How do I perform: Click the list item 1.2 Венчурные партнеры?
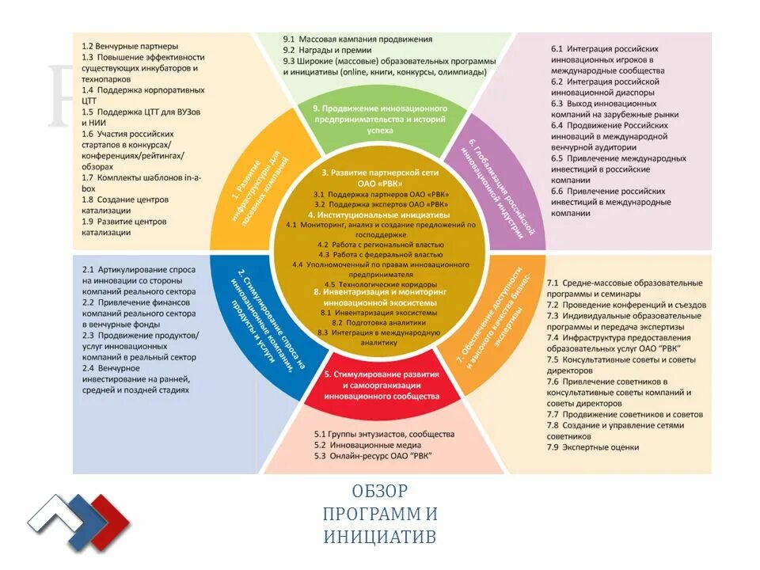point(130,46)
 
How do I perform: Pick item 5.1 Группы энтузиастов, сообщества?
point(384,434)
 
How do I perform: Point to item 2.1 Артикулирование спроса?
point(139,275)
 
